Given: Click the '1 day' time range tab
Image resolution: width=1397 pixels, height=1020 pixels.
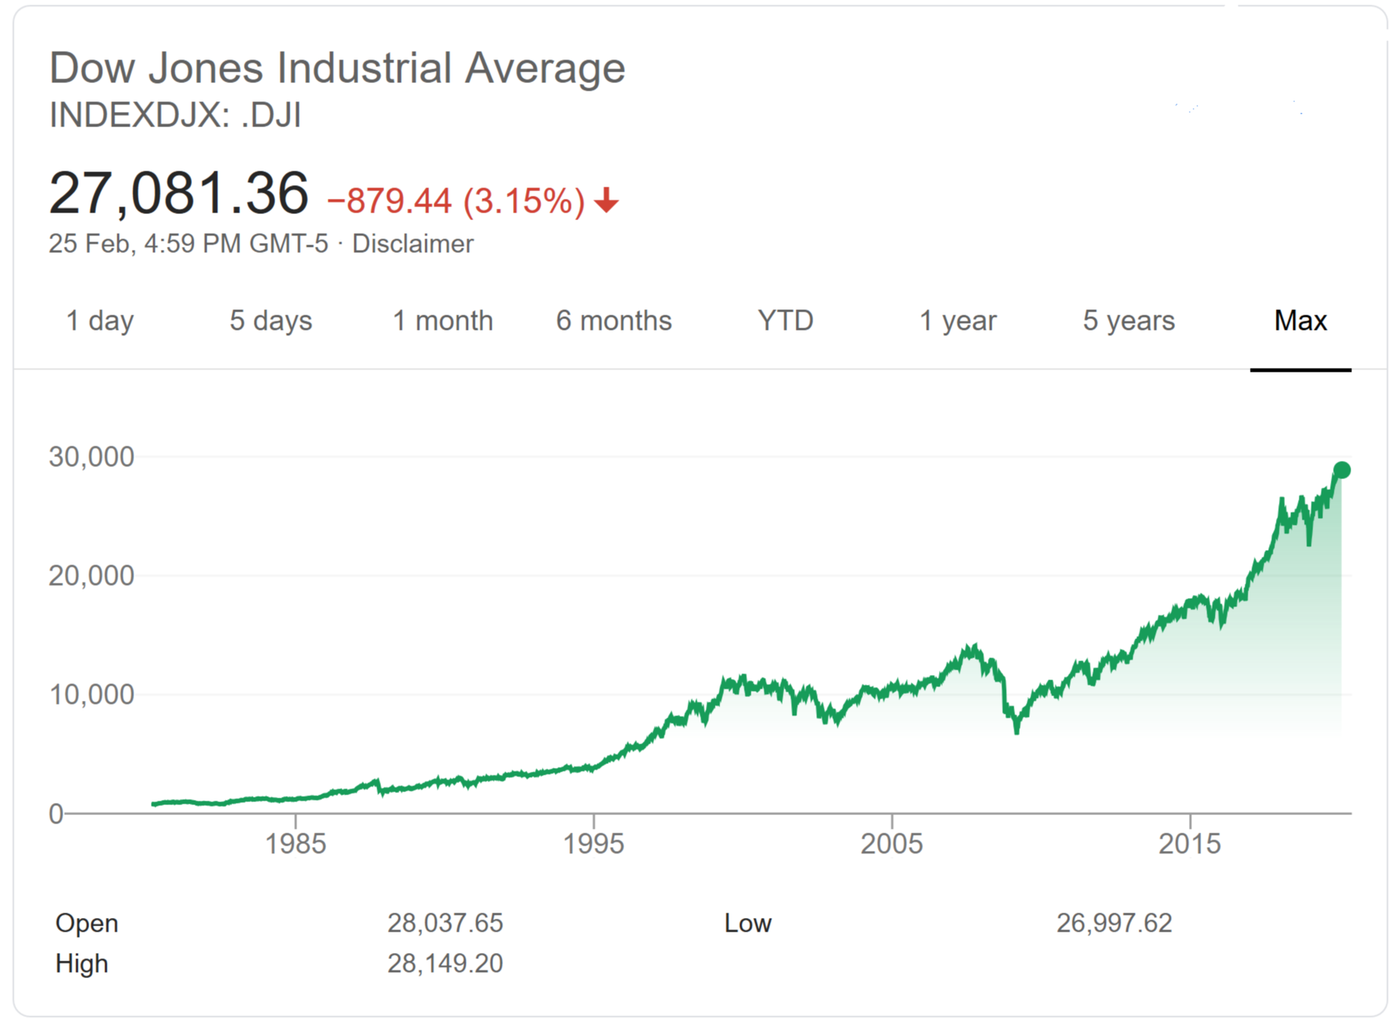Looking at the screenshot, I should (100, 321).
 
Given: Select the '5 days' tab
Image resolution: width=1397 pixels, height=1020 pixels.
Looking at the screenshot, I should (271, 321).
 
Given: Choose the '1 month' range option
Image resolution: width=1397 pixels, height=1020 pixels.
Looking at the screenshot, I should (443, 321).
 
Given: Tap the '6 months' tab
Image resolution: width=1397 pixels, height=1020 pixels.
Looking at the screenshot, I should (614, 321).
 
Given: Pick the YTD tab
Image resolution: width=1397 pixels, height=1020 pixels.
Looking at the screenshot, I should (786, 321).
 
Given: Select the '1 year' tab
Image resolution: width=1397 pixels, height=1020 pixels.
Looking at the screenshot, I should (957, 321).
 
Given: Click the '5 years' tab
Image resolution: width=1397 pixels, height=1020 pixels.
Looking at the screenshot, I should (1129, 321).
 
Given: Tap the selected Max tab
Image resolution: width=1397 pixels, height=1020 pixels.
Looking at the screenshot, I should (1300, 321).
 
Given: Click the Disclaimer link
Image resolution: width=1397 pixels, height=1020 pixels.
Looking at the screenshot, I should (412, 244).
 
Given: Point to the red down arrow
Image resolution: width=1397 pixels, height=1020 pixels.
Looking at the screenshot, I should (607, 200).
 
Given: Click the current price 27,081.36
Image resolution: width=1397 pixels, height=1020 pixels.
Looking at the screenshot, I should (179, 193).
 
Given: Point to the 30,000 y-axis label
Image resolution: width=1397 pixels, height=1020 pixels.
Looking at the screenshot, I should (91, 457).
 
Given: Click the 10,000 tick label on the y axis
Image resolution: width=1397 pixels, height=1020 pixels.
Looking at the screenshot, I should (91, 695).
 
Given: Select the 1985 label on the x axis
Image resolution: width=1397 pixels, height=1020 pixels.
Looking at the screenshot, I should (295, 844).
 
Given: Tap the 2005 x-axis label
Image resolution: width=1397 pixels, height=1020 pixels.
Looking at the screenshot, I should (892, 844).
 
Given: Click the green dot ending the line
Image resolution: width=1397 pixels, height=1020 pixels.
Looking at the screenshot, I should (1341, 470).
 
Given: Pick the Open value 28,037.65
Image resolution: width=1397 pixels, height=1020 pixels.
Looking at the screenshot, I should (445, 923).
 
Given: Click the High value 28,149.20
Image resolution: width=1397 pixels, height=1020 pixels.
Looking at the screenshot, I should (445, 964).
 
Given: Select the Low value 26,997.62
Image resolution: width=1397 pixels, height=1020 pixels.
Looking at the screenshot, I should (1113, 923).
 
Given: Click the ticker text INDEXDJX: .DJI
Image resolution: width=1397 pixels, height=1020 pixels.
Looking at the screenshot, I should (175, 116).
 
